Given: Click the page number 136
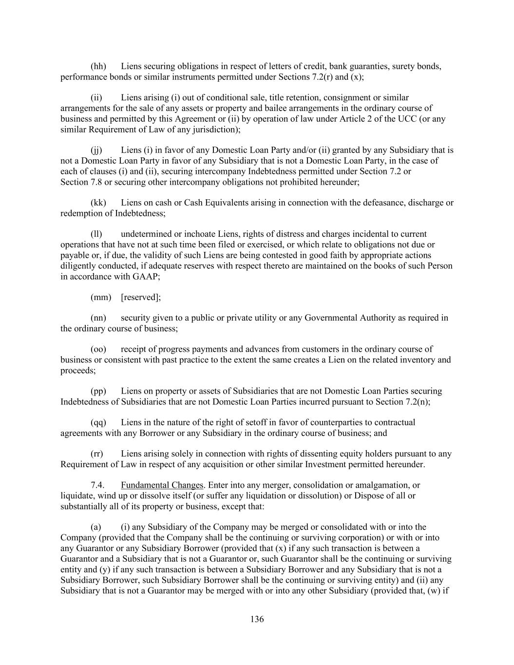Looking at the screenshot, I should [x=257, y=619].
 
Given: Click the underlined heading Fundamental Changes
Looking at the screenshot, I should [x=162, y=485].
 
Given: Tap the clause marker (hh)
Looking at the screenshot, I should [x=98, y=66].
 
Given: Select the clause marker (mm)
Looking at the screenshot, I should [x=101, y=297].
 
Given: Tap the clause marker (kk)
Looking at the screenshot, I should [x=98, y=203].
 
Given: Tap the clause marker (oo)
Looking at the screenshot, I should [x=98, y=349].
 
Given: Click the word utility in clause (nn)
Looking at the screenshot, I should [x=265, y=318].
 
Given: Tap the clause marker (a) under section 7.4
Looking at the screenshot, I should [x=96, y=527].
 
